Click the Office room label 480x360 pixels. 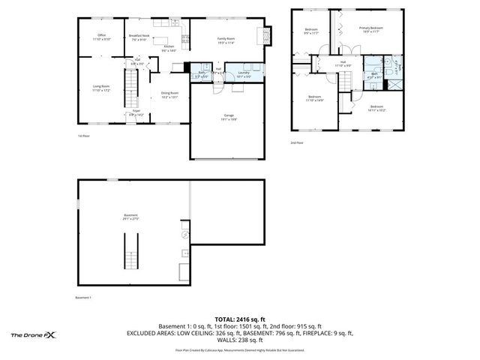(x=101, y=37)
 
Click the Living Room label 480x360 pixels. (x=101, y=88)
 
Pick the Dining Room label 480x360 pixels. (x=170, y=94)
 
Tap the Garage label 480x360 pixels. (x=229, y=118)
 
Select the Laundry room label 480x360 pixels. (x=243, y=74)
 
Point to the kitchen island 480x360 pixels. (x=182, y=40)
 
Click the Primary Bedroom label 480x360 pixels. (x=371, y=29)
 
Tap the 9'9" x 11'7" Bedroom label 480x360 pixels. (x=310, y=31)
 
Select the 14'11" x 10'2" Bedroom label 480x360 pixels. (x=377, y=108)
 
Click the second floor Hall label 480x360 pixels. (x=343, y=64)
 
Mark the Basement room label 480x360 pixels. (x=130, y=217)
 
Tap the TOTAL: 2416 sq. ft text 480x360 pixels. (x=240, y=319)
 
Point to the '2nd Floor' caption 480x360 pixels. (x=297, y=142)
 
